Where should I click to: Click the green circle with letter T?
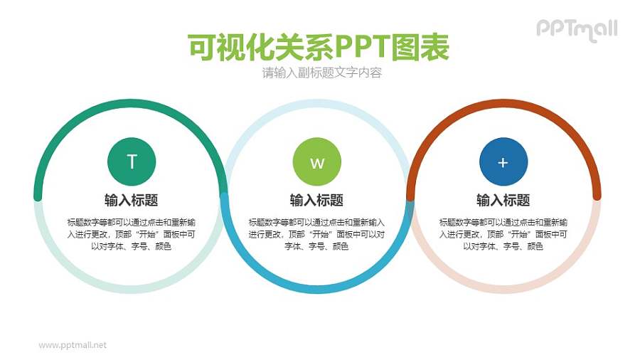pyautogui.click(x=132, y=162)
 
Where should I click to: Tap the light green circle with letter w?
pyautogui.click(x=317, y=162)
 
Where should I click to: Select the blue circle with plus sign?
pyautogui.click(x=503, y=162)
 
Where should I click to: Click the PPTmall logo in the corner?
pyautogui.click(x=576, y=29)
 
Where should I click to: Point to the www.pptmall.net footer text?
pyautogui.click(x=73, y=345)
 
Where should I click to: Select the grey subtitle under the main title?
pyautogui.click(x=321, y=73)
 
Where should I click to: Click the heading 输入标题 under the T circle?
pyautogui.click(x=131, y=200)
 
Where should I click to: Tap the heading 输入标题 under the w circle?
pyautogui.click(x=316, y=200)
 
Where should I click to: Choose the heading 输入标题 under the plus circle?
pyautogui.click(x=503, y=200)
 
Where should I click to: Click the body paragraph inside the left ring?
pyautogui.click(x=131, y=234)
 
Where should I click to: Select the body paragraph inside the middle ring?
pyautogui.click(x=316, y=234)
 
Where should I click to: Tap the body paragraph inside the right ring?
pyautogui.click(x=503, y=234)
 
